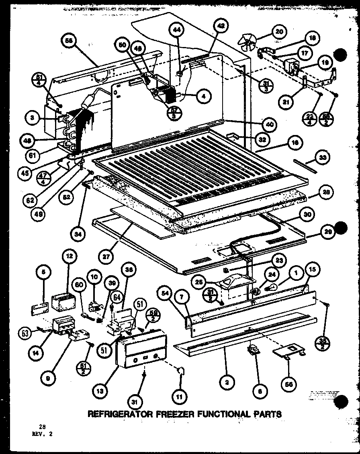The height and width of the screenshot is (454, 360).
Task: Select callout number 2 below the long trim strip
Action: point(227,383)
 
